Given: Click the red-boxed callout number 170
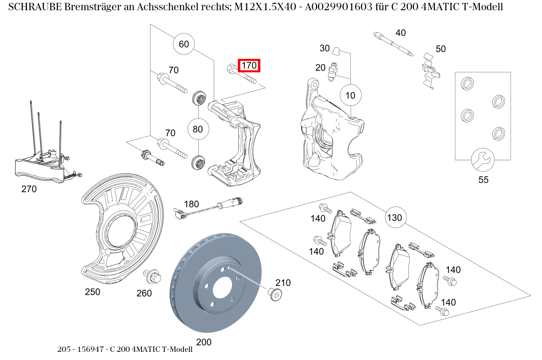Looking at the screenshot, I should click(x=249, y=65).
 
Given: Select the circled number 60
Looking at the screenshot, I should click(x=184, y=44).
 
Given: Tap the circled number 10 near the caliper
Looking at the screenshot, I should click(x=350, y=96).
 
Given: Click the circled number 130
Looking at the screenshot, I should click(x=394, y=218).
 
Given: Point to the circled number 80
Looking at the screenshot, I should click(x=197, y=130).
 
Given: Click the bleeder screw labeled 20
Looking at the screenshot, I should click(x=334, y=72).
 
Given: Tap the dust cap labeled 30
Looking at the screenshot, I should click(x=336, y=51).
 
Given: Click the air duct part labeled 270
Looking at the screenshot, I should click(x=45, y=163).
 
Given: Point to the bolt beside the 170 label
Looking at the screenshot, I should click(x=241, y=74).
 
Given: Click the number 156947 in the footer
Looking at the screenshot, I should click(x=89, y=349).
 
